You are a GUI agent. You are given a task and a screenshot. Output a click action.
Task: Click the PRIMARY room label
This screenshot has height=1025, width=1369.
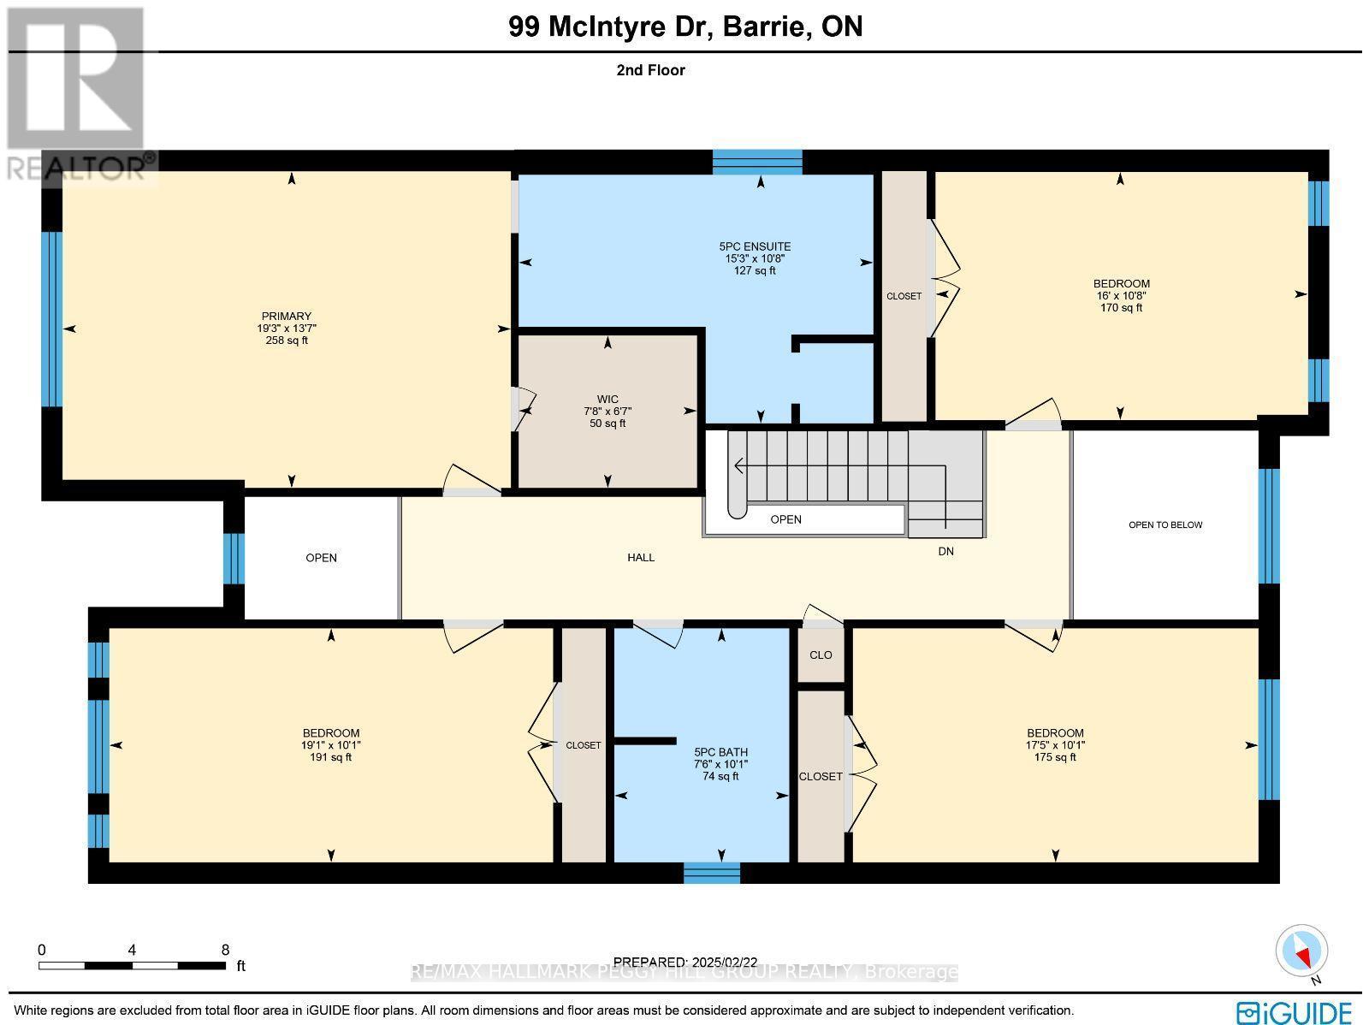coord(287,316)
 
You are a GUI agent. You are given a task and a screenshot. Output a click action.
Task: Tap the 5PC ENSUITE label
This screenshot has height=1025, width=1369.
coord(755,246)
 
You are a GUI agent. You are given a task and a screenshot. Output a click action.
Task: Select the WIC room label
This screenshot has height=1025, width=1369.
coord(607,400)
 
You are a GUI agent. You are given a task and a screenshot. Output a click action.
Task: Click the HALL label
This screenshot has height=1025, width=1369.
coord(641,557)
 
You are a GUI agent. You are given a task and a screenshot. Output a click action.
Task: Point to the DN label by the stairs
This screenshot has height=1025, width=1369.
coord(945,551)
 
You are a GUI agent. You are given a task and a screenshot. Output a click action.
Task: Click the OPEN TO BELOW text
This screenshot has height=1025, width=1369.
coord(1165,524)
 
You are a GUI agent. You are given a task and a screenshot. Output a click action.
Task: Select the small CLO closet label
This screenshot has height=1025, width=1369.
coord(821,655)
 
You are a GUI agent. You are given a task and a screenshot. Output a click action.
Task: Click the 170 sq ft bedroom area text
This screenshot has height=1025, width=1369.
coord(1121,307)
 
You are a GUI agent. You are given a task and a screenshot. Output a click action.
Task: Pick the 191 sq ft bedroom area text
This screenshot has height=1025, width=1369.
coord(330,757)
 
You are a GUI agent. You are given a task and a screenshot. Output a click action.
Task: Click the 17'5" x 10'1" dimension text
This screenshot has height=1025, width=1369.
coord(1055,745)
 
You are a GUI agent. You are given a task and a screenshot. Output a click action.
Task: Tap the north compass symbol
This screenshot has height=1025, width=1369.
coord(1302,951)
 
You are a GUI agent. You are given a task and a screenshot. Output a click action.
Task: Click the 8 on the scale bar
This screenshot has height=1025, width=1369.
coord(225,950)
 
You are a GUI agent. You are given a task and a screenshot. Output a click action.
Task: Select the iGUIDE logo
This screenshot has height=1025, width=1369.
coord(1295,1012)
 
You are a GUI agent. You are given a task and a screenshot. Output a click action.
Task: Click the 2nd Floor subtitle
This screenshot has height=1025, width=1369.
coord(650,70)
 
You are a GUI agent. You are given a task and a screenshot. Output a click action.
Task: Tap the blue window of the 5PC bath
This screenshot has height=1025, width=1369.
coord(712,873)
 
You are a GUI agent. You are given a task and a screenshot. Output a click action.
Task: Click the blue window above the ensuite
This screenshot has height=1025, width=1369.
coord(757,162)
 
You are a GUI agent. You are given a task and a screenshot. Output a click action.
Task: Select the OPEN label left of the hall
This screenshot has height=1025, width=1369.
coord(322,558)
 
